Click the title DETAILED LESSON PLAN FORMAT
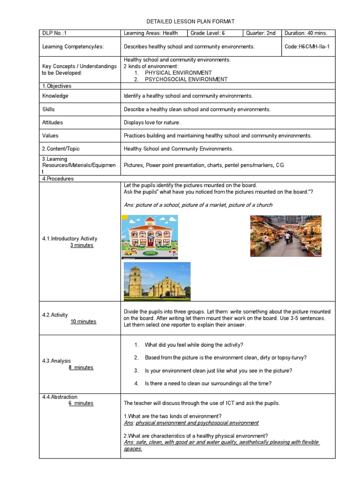point(190,22)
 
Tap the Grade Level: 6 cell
point(209,33)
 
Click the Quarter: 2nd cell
point(261,33)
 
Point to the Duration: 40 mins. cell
point(308,33)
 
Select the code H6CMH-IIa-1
point(308,47)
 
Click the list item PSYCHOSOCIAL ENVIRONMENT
point(180,80)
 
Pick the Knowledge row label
point(55,96)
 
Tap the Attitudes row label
point(52,123)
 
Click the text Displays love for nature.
point(152,123)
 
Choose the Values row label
point(50,136)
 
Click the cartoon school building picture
point(150,237)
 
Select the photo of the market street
point(286,236)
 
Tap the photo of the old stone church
point(157,281)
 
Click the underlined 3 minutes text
point(82,246)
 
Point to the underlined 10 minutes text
point(83,322)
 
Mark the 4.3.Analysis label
point(56,361)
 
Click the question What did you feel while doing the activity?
point(194,345)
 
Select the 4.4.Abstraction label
point(60,397)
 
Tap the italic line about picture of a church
point(198,205)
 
